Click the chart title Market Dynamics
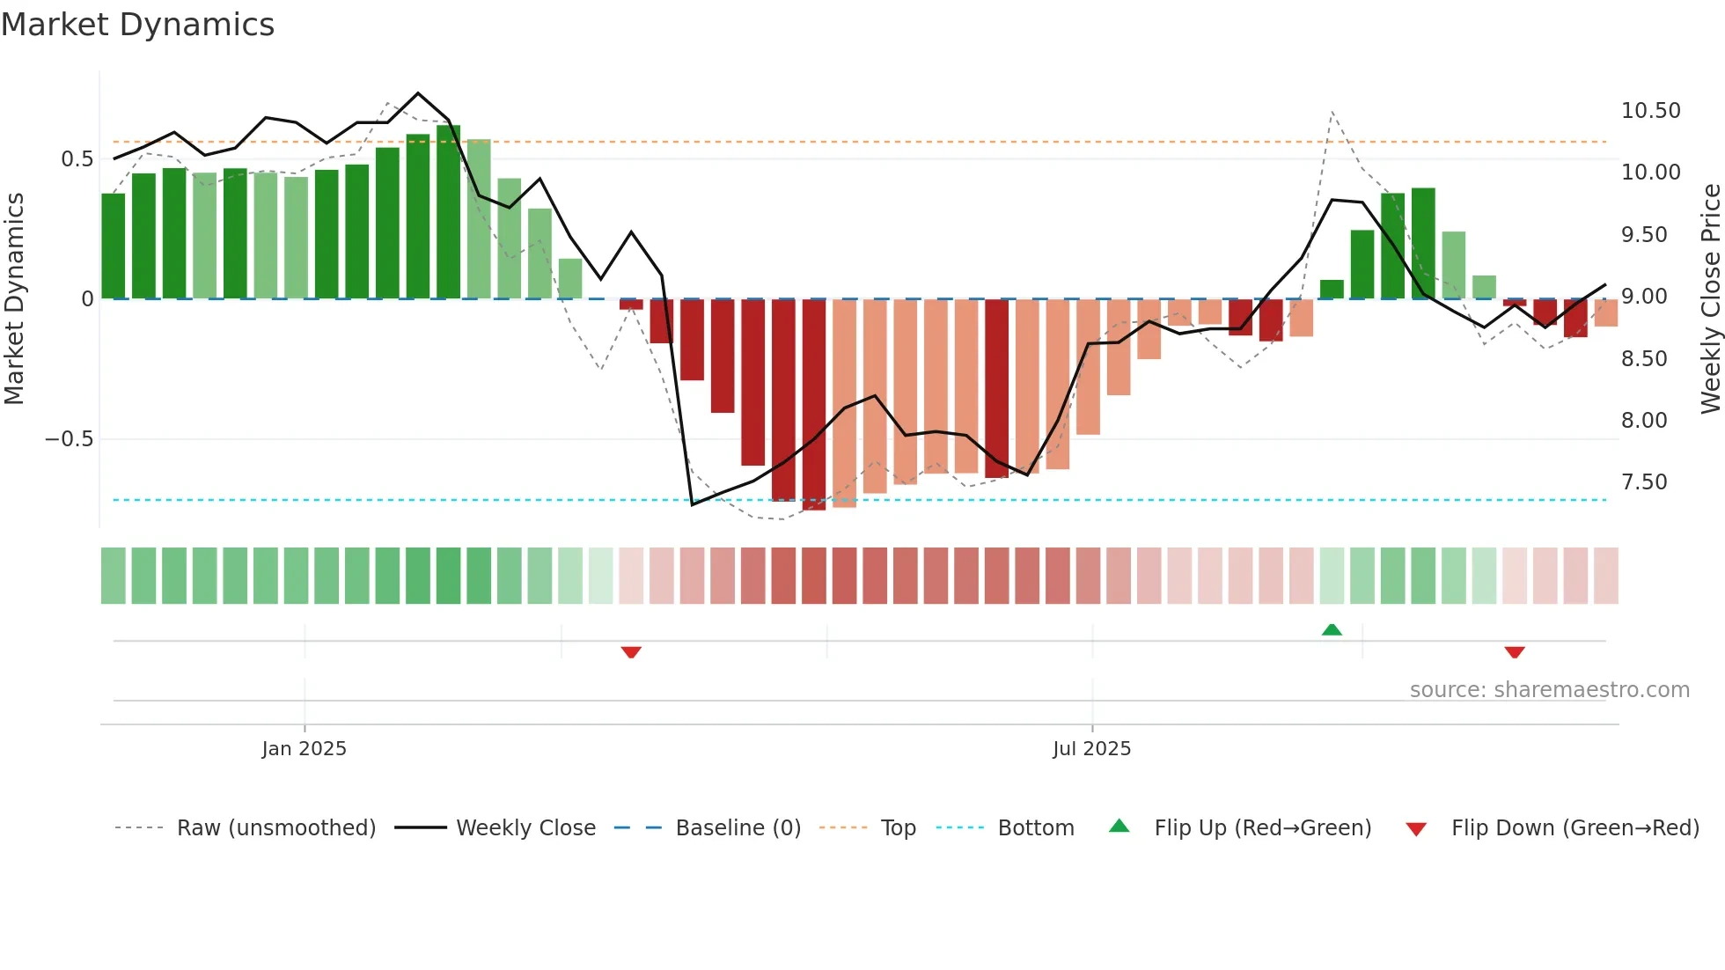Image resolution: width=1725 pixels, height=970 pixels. (137, 25)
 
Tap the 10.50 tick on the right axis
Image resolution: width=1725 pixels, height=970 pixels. (1650, 111)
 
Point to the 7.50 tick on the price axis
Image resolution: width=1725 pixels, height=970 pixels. (1644, 482)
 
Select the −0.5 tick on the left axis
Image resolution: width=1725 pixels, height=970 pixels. (69, 439)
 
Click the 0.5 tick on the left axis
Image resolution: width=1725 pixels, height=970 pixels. (77, 159)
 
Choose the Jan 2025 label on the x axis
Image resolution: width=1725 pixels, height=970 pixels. (304, 749)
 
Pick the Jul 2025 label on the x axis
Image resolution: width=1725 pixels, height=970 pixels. (1091, 749)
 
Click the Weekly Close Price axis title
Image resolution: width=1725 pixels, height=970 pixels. (1710, 298)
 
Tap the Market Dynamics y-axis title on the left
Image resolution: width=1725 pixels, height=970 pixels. (15, 298)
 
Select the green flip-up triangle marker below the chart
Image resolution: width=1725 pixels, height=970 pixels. (1332, 629)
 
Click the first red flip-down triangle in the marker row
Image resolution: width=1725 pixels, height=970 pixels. (631, 652)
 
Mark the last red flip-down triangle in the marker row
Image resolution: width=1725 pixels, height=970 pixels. (1515, 652)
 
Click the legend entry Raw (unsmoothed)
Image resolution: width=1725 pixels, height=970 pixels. (275, 828)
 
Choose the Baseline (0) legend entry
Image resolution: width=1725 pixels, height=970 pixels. (738, 828)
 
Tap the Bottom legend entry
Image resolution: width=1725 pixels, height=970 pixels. (1035, 828)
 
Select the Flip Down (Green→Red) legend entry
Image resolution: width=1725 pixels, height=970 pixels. (1575, 828)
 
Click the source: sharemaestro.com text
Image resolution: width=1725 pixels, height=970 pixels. (1549, 690)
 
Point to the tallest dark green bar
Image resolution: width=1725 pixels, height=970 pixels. (448, 211)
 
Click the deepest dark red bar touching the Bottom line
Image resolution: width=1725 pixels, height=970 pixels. (814, 405)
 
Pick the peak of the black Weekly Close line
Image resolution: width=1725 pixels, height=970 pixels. (418, 93)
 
